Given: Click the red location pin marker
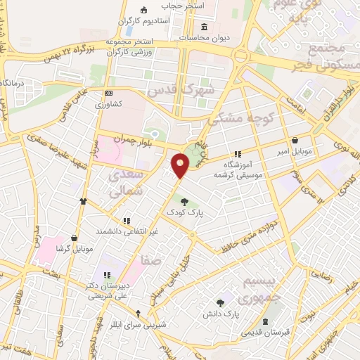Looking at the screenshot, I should click(x=181, y=165).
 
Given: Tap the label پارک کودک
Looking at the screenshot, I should click(x=184, y=211).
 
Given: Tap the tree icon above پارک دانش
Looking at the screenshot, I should click(x=221, y=303).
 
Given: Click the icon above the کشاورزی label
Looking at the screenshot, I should click(x=108, y=93).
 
